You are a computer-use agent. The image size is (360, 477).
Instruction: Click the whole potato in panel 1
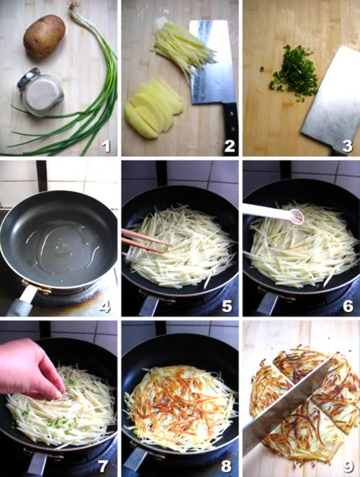click(x=45, y=36)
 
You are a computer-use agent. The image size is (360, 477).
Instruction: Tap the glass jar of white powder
click(x=41, y=92)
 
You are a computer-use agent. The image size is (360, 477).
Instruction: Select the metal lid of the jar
click(x=28, y=79)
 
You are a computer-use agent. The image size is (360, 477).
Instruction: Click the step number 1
click(x=106, y=146)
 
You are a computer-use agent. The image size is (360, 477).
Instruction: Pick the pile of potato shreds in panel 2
click(x=184, y=49)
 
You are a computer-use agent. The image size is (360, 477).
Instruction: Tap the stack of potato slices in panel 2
click(x=154, y=108)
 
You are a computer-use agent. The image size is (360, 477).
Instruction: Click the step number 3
click(x=347, y=146)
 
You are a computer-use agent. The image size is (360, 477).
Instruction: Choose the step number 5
click(x=227, y=306)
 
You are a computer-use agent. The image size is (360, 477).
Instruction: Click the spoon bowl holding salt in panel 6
click(x=297, y=216)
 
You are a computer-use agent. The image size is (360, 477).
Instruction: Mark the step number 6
click(x=348, y=306)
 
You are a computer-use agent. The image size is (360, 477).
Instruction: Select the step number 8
click(x=226, y=466)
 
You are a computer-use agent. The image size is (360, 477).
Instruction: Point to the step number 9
click(x=348, y=466)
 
